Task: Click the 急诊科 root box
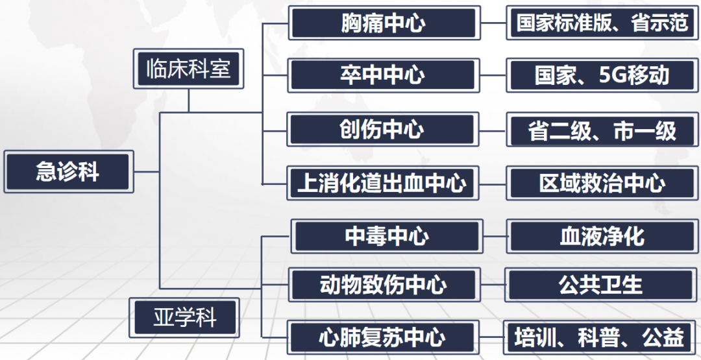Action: tap(68, 172)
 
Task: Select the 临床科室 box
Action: tap(188, 69)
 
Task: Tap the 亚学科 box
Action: tap(185, 318)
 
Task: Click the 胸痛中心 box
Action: tap(384, 23)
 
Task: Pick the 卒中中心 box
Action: tap(384, 75)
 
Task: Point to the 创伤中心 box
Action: tap(384, 129)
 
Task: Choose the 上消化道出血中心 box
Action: tap(384, 183)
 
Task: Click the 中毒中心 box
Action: tap(387, 236)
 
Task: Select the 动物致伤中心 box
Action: tap(384, 285)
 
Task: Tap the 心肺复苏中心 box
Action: tap(384, 337)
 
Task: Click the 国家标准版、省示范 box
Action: tap(602, 23)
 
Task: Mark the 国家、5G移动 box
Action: tap(602, 75)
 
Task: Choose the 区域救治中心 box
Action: tap(602, 183)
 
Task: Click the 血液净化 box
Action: tap(602, 236)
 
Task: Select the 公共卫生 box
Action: tap(601, 285)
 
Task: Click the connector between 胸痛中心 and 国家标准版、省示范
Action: tap(493, 23)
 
